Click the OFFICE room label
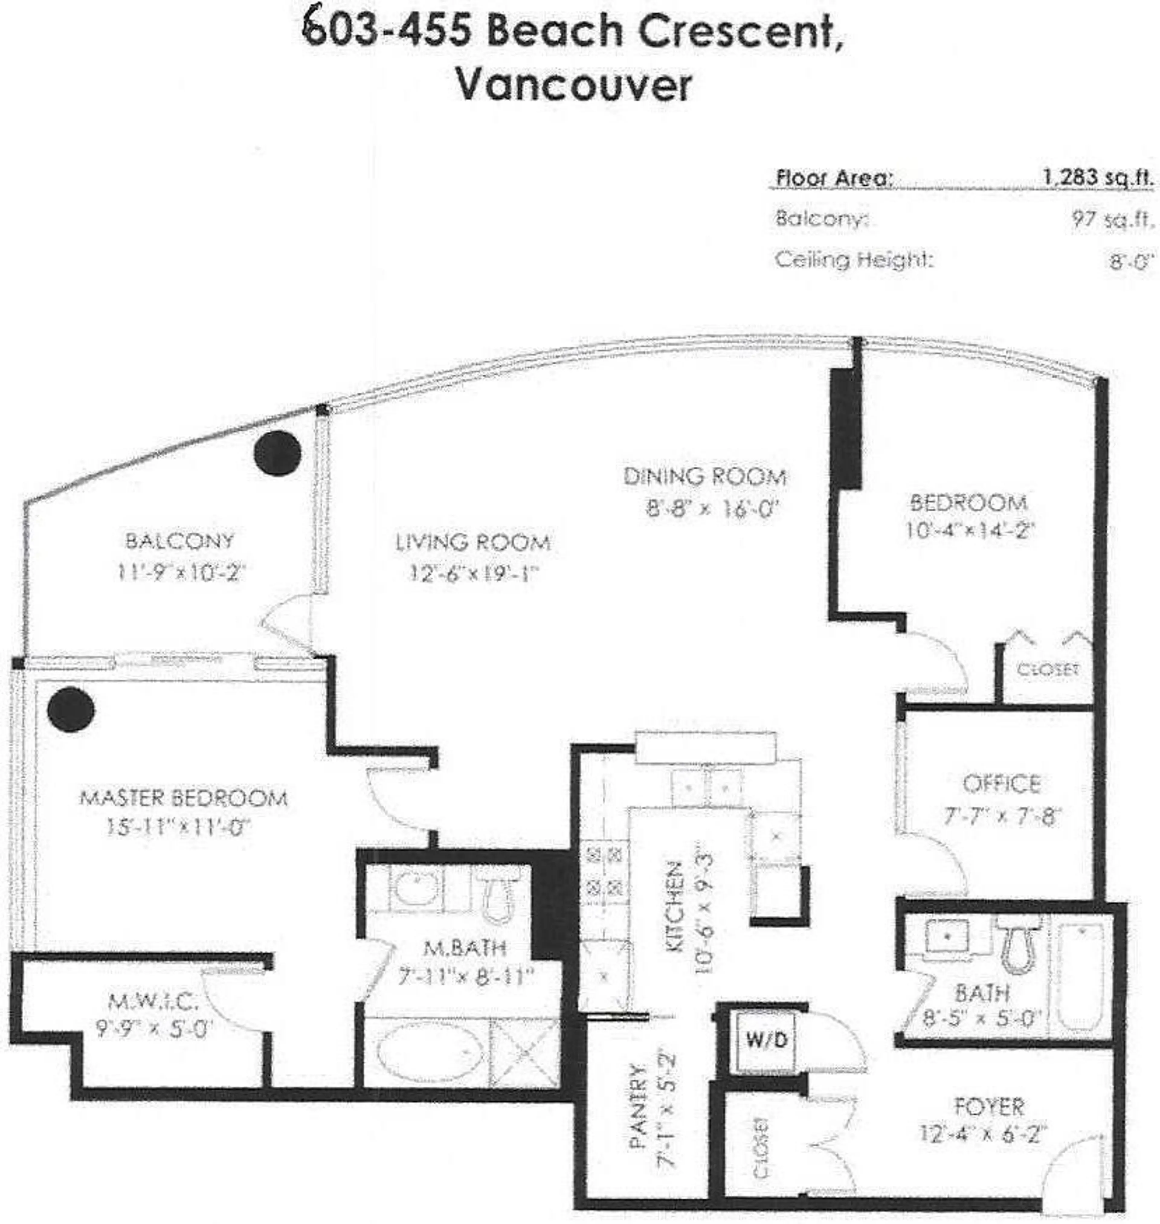(1001, 784)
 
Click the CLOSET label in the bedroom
(1047, 669)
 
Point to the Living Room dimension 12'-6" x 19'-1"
(474, 574)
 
